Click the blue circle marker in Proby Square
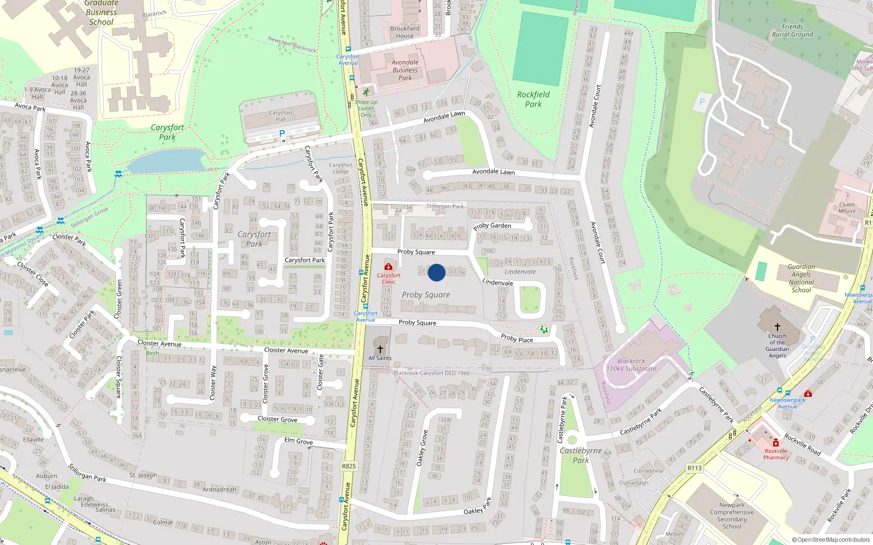(x=436, y=272)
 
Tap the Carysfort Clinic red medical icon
(x=388, y=267)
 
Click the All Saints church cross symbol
(x=380, y=349)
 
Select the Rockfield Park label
(x=533, y=99)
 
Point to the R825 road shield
(x=349, y=466)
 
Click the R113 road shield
(x=695, y=468)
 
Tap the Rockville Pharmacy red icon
(x=775, y=443)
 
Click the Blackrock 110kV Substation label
(x=631, y=365)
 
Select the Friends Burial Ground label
(x=792, y=30)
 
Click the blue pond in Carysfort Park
(x=164, y=161)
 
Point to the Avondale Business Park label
(x=405, y=70)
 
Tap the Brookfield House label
(x=405, y=32)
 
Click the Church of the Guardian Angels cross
(x=778, y=327)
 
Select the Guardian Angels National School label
(x=801, y=278)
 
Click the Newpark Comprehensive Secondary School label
(x=732, y=516)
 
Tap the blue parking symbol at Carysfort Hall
(x=282, y=134)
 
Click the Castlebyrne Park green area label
(x=581, y=455)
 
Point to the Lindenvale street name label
(x=498, y=282)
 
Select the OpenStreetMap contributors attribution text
(x=830, y=540)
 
